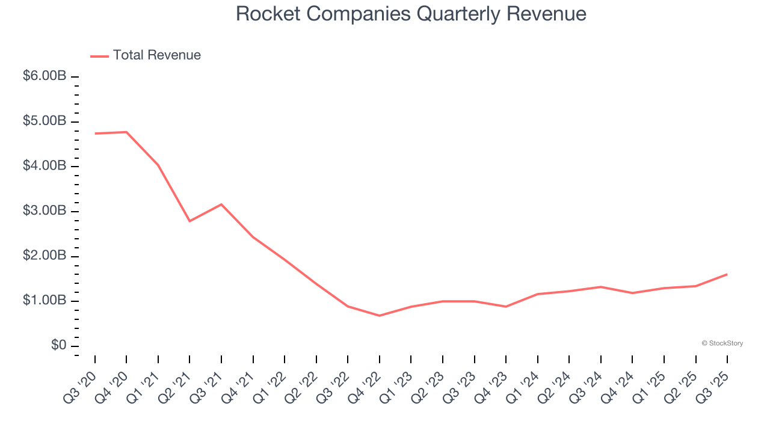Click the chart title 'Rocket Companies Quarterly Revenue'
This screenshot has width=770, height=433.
pos(411,13)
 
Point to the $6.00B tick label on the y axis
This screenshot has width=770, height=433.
pos(45,76)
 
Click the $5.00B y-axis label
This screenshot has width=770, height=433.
pos(45,121)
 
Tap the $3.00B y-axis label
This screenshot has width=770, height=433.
pos(45,211)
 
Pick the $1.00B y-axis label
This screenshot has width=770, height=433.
pos(45,301)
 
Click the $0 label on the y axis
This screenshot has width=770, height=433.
pos(58,345)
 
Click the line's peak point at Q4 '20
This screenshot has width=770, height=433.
pos(126,132)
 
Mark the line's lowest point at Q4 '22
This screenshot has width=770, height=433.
pos(380,316)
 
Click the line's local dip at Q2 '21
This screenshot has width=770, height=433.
pos(189,221)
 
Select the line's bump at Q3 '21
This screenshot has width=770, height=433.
pos(221,204)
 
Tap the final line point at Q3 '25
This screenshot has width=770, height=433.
pos(727,274)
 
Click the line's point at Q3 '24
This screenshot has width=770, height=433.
pos(601,287)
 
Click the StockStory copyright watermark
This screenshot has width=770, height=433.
pos(722,343)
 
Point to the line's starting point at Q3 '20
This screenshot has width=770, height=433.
pos(95,134)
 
